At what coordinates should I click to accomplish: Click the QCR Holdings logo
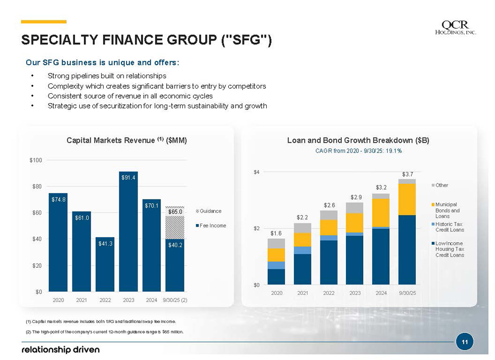(x=455, y=28)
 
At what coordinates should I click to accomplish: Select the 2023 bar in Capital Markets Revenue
(x=128, y=232)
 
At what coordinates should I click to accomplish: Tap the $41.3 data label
(x=105, y=243)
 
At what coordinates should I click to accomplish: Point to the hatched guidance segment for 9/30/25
(x=175, y=227)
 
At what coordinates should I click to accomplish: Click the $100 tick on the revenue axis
(x=36, y=160)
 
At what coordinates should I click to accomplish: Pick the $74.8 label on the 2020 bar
(x=58, y=198)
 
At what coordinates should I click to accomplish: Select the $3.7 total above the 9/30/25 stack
(x=407, y=173)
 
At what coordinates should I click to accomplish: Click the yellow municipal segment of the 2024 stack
(x=381, y=213)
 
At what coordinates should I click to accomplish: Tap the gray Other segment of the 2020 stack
(x=276, y=243)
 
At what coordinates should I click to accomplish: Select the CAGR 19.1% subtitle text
(x=358, y=151)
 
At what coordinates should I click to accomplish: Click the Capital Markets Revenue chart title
(x=127, y=140)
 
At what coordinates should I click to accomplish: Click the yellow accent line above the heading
(x=44, y=22)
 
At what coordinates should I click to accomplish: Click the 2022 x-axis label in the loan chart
(x=329, y=293)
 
